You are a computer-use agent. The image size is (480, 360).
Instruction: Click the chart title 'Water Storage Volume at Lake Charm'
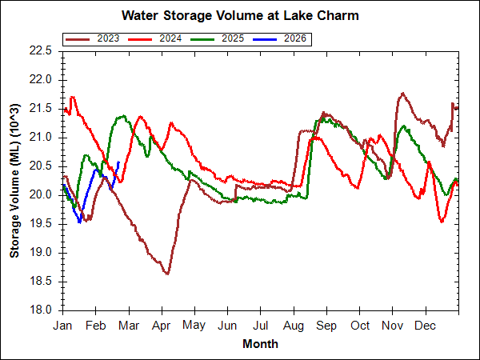point(240,15)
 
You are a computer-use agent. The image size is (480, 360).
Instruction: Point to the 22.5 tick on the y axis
point(40,50)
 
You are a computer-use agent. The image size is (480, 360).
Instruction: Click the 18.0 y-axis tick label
point(40,310)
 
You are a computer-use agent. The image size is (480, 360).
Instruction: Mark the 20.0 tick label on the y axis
point(40,194)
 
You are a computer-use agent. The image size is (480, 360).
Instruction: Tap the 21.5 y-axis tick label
point(40,108)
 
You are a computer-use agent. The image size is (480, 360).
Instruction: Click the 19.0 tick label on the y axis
point(40,252)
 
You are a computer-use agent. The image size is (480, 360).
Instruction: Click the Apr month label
point(162,326)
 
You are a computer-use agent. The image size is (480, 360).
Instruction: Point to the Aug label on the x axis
point(294,326)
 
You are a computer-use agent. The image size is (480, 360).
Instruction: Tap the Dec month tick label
point(426,326)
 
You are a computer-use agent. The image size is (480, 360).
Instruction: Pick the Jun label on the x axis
point(228,326)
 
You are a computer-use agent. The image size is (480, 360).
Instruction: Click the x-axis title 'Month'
point(261,344)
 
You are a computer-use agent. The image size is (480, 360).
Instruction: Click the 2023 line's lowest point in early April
point(166,274)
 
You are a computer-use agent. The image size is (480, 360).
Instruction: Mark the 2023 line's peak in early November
point(401,94)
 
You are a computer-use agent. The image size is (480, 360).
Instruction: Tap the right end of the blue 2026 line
point(118,162)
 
